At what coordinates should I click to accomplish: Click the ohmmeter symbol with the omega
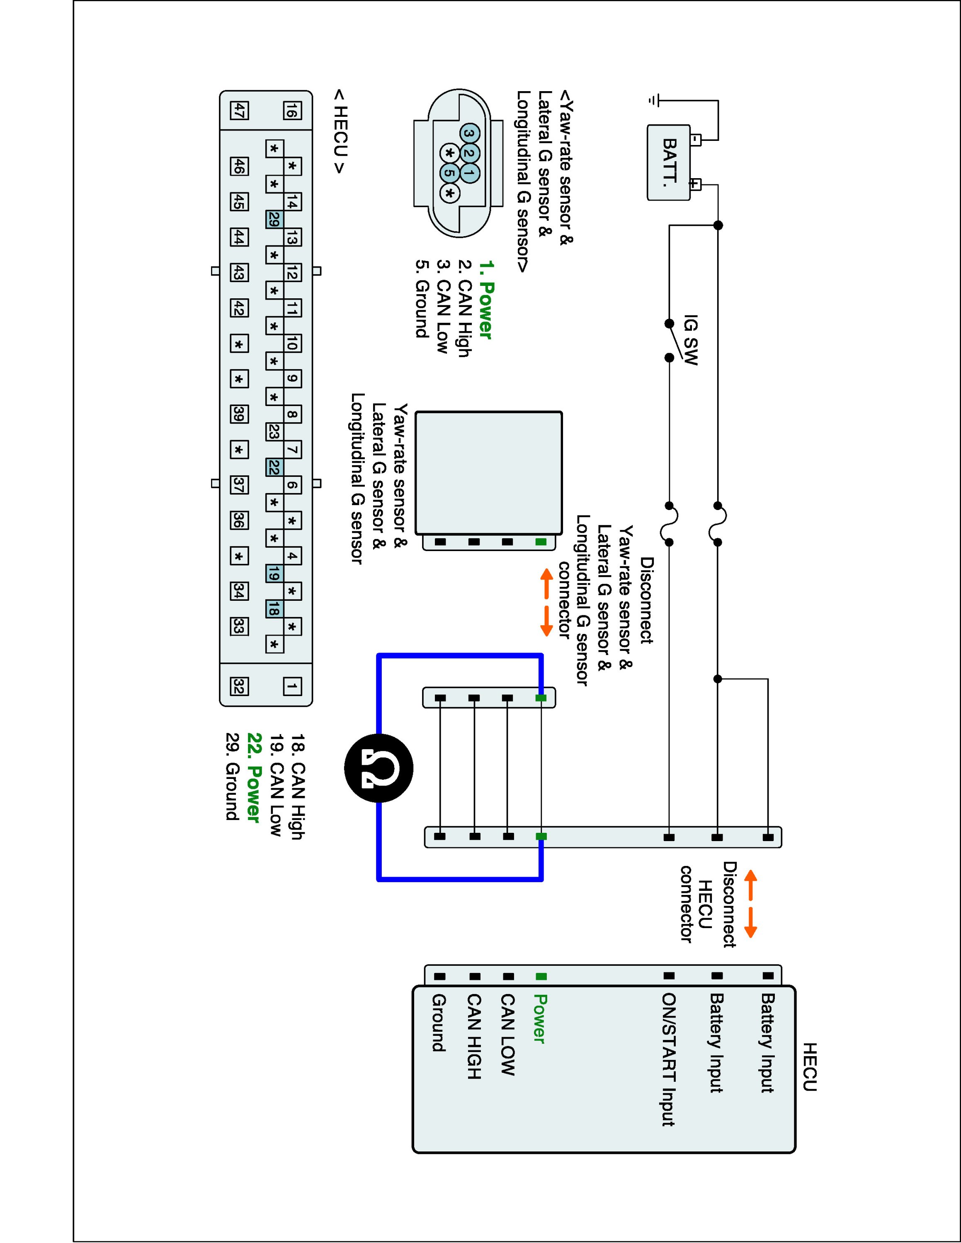point(379,768)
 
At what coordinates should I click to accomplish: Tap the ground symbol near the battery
point(653,101)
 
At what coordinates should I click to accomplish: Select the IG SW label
point(690,340)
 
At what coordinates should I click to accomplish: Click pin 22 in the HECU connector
point(274,468)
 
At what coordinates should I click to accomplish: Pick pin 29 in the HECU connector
point(274,220)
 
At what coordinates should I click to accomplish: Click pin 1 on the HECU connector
point(292,687)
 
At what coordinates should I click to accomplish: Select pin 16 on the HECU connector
point(292,110)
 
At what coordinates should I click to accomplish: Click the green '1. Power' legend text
point(485,300)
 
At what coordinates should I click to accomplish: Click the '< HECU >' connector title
point(340,131)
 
